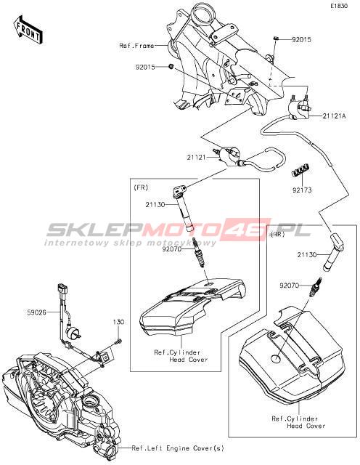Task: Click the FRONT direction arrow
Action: (x=28, y=30)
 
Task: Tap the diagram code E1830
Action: (x=339, y=6)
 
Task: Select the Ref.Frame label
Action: (x=136, y=46)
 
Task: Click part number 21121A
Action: (x=334, y=116)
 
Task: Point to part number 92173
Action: (x=302, y=190)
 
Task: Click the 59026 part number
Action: (x=36, y=312)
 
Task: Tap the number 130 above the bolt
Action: (x=118, y=322)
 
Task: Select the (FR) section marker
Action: (x=141, y=187)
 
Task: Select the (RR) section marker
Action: (x=278, y=234)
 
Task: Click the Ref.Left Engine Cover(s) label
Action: (x=178, y=448)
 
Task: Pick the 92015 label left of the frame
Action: (x=145, y=68)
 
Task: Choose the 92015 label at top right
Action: (x=302, y=40)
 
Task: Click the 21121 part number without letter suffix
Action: (x=196, y=157)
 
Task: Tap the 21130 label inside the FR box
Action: (x=155, y=205)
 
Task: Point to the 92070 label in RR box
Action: (x=289, y=286)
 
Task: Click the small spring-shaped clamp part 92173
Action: (x=301, y=170)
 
